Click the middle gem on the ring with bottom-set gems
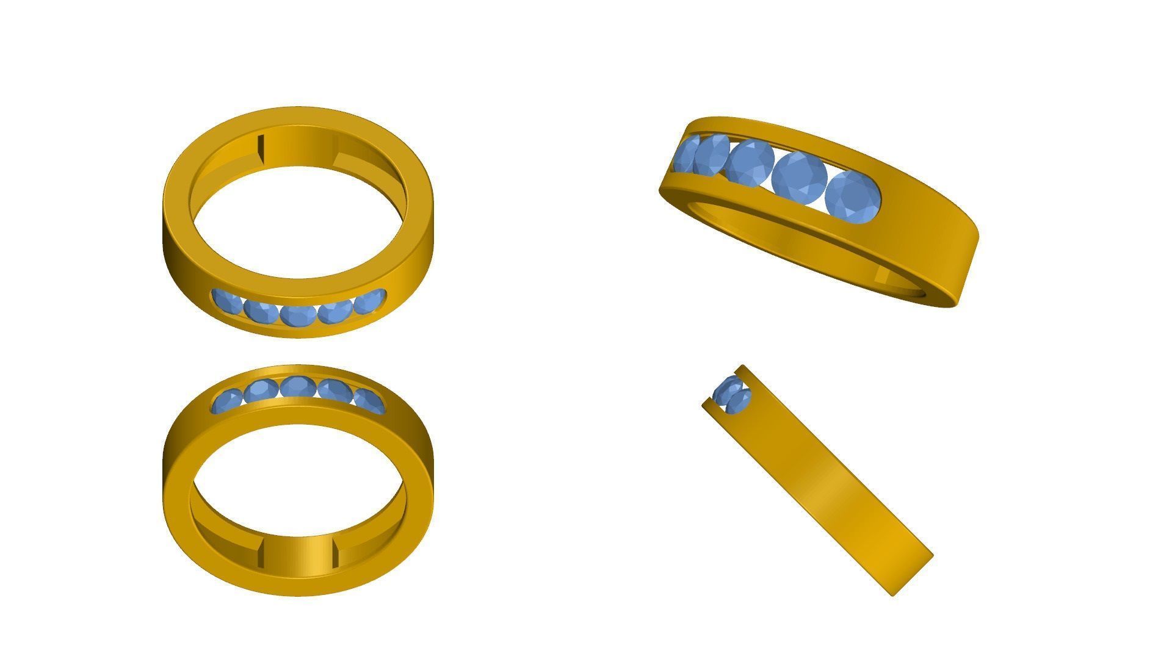(x=298, y=315)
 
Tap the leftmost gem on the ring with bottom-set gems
(x=227, y=301)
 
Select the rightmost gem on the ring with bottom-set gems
(x=369, y=302)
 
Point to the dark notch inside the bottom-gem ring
(x=261, y=149)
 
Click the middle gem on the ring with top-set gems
(x=298, y=387)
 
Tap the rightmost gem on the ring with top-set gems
(x=369, y=401)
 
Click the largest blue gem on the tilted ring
(x=853, y=197)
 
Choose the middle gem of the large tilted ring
(x=750, y=162)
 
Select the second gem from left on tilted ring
(x=712, y=155)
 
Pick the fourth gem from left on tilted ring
(x=799, y=176)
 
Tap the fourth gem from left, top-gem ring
(x=335, y=391)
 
